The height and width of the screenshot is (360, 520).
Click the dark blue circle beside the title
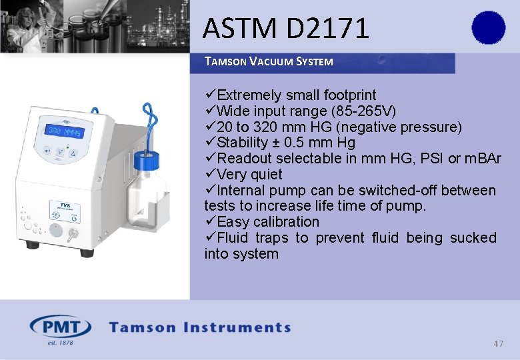(x=489, y=28)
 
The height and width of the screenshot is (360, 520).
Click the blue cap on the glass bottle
(x=147, y=160)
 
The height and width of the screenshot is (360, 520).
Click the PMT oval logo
(x=60, y=327)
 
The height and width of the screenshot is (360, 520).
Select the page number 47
(x=499, y=343)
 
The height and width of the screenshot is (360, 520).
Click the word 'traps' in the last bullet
(x=273, y=238)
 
